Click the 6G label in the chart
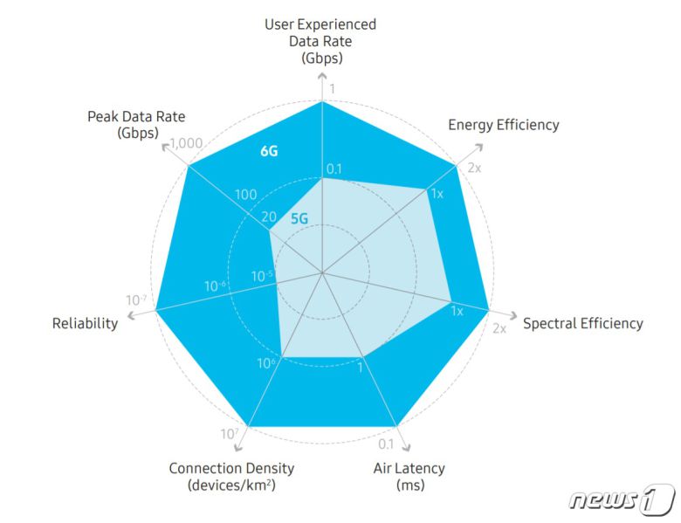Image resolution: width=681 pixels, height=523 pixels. pyautogui.click(x=269, y=150)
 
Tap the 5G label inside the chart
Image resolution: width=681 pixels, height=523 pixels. pyautogui.click(x=299, y=218)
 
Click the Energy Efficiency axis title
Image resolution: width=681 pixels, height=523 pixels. pyautogui.click(x=503, y=124)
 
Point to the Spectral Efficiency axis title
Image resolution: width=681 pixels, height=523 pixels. pyautogui.click(x=582, y=324)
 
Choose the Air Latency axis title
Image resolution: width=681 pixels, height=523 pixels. pyautogui.click(x=409, y=476)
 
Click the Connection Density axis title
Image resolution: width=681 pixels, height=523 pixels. pyautogui.click(x=231, y=476)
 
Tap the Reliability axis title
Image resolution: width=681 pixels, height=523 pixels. pyautogui.click(x=85, y=324)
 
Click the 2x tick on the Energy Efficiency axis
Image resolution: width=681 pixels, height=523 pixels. pyautogui.click(x=474, y=167)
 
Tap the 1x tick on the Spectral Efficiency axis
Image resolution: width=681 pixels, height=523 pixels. pyautogui.click(x=456, y=310)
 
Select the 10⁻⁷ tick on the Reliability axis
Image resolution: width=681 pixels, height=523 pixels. pyautogui.click(x=136, y=300)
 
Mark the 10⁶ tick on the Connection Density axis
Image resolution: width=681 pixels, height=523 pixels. pyautogui.click(x=267, y=364)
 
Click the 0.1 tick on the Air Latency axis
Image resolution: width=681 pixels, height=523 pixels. pyautogui.click(x=386, y=444)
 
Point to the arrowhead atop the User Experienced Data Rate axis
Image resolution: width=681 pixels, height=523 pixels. pyautogui.click(x=322, y=77)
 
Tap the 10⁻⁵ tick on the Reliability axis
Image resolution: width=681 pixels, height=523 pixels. pyautogui.click(x=262, y=277)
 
